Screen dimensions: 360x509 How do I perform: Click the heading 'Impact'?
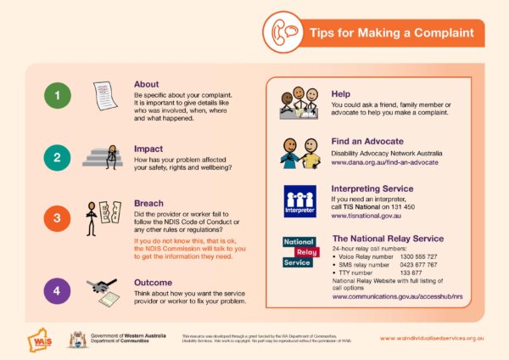148,149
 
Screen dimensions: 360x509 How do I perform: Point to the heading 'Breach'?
149,204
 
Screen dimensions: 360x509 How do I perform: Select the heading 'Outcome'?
154,282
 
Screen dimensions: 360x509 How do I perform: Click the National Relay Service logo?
300,252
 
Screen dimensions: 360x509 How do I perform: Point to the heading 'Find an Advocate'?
367,141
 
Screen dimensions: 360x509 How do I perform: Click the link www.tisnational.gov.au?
373,217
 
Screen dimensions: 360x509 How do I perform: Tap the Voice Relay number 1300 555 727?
418,256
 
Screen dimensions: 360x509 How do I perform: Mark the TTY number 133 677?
411,272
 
